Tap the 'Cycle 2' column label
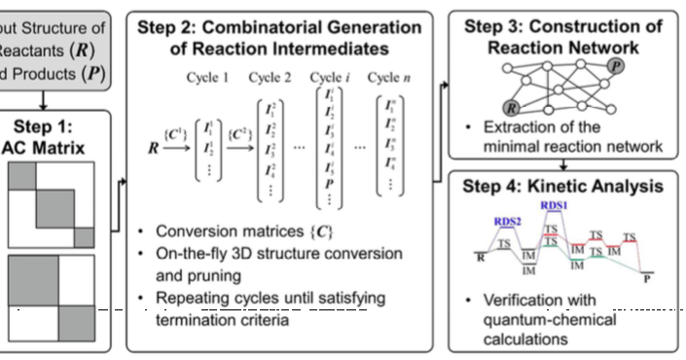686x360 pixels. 274,77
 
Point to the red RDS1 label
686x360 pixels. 554,206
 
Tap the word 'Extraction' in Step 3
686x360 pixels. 524,129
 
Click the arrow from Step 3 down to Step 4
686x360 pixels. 567,164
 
